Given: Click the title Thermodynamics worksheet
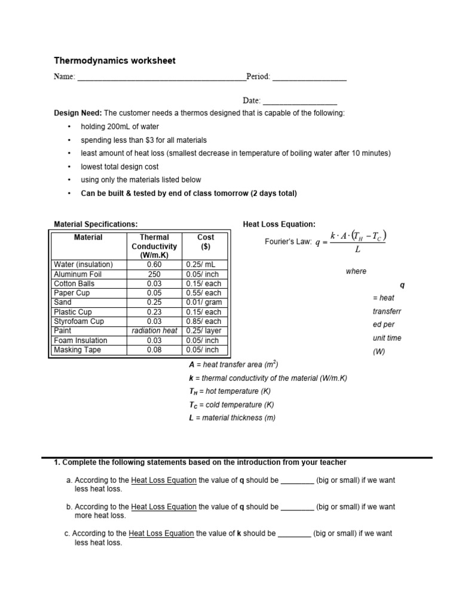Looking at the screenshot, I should (115, 61).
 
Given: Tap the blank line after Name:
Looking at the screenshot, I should (161, 78).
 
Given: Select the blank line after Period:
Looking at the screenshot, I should (309, 78).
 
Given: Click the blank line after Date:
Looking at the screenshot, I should (299, 102).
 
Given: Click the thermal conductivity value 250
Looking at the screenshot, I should (154, 274).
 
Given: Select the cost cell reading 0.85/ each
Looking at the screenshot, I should (206, 322).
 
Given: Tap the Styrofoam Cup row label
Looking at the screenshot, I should (79, 322).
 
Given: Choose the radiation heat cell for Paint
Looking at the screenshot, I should (154, 331).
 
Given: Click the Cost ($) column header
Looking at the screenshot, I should (206, 241).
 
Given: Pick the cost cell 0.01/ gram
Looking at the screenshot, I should (206, 302).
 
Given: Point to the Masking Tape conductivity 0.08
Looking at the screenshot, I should (154, 350).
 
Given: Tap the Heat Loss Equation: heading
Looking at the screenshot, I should (279, 224).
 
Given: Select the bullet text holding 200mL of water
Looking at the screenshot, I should (120, 127).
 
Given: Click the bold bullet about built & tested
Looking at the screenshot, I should (188, 193).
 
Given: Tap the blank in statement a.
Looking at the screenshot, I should (297, 481).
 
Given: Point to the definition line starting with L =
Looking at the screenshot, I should (232, 418).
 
